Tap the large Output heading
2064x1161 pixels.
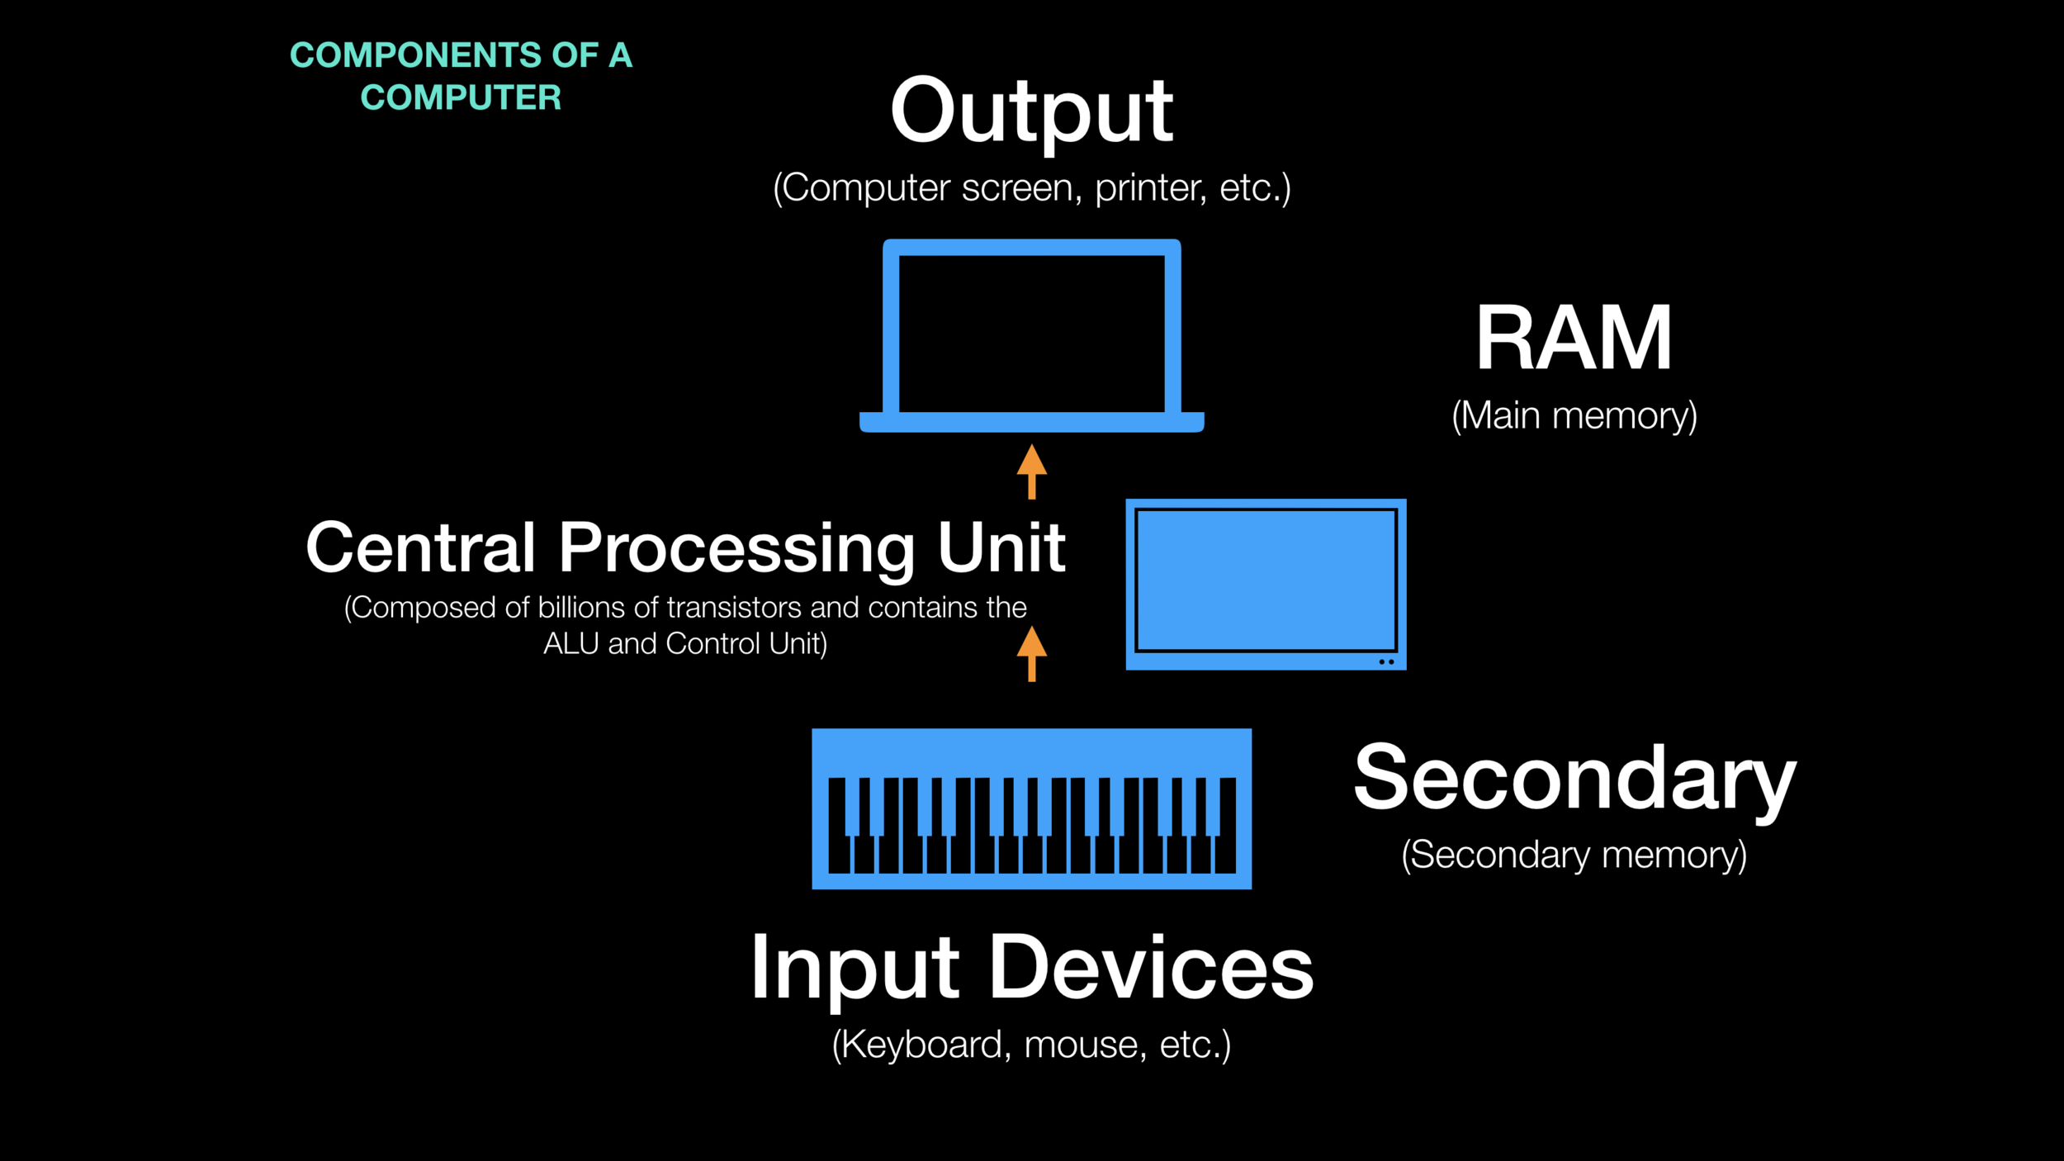[x=1031, y=111]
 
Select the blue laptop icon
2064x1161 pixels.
[x=1031, y=335]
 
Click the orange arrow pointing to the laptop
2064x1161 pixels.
[x=1031, y=471]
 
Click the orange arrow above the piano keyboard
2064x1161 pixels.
[x=1031, y=652]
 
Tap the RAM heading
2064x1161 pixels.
[x=1574, y=338]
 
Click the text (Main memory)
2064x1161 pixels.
[x=1574, y=415]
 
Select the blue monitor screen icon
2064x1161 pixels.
[x=1265, y=583]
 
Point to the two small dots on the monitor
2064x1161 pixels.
[x=1386, y=661]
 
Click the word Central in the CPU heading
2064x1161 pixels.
[x=421, y=547]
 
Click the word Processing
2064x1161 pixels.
[x=736, y=549]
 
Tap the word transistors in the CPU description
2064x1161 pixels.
[x=734, y=608]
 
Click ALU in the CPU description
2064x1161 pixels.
[x=570, y=644]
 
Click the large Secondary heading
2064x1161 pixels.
[x=1574, y=778]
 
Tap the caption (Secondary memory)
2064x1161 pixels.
[x=1574, y=855]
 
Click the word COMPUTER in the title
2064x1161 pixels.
[x=461, y=98]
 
